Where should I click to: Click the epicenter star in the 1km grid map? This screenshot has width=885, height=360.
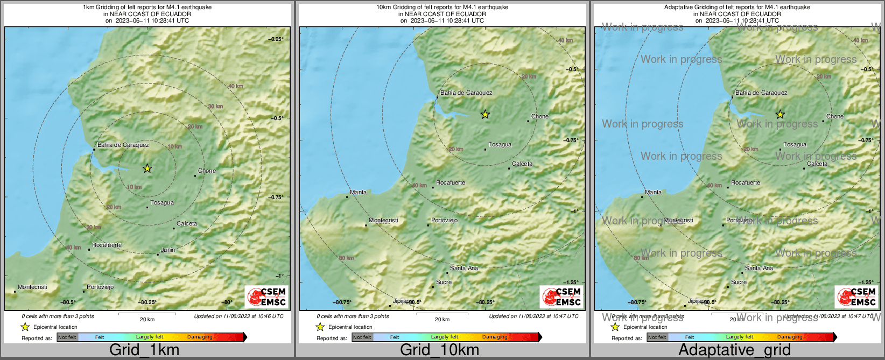click(147, 168)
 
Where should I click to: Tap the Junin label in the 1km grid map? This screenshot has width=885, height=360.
click(168, 250)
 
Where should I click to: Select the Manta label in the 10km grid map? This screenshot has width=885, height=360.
click(358, 192)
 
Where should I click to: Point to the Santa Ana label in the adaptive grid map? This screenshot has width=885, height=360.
click(759, 268)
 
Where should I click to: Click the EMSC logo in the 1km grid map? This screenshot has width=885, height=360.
click(267, 297)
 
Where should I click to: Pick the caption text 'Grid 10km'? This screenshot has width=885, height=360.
click(439, 350)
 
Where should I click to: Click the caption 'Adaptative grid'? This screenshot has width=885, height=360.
click(734, 350)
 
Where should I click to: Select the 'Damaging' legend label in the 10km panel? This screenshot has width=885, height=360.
click(495, 337)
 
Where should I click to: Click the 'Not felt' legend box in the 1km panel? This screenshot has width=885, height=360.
click(67, 337)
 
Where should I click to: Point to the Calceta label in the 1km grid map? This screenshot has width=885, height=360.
click(187, 223)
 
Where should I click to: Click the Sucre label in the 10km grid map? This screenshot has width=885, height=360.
click(444, 282)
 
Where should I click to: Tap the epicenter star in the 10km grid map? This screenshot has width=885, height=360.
click(485, 114)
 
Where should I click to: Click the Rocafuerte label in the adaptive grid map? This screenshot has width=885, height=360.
click(746, 182)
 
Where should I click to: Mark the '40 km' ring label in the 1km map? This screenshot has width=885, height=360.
click(235, 86)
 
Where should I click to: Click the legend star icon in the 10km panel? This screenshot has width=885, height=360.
click(320, 327)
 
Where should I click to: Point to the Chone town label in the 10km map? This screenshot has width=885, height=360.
click(540, 116)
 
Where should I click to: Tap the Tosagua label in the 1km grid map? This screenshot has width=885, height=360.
click(162, 202)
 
